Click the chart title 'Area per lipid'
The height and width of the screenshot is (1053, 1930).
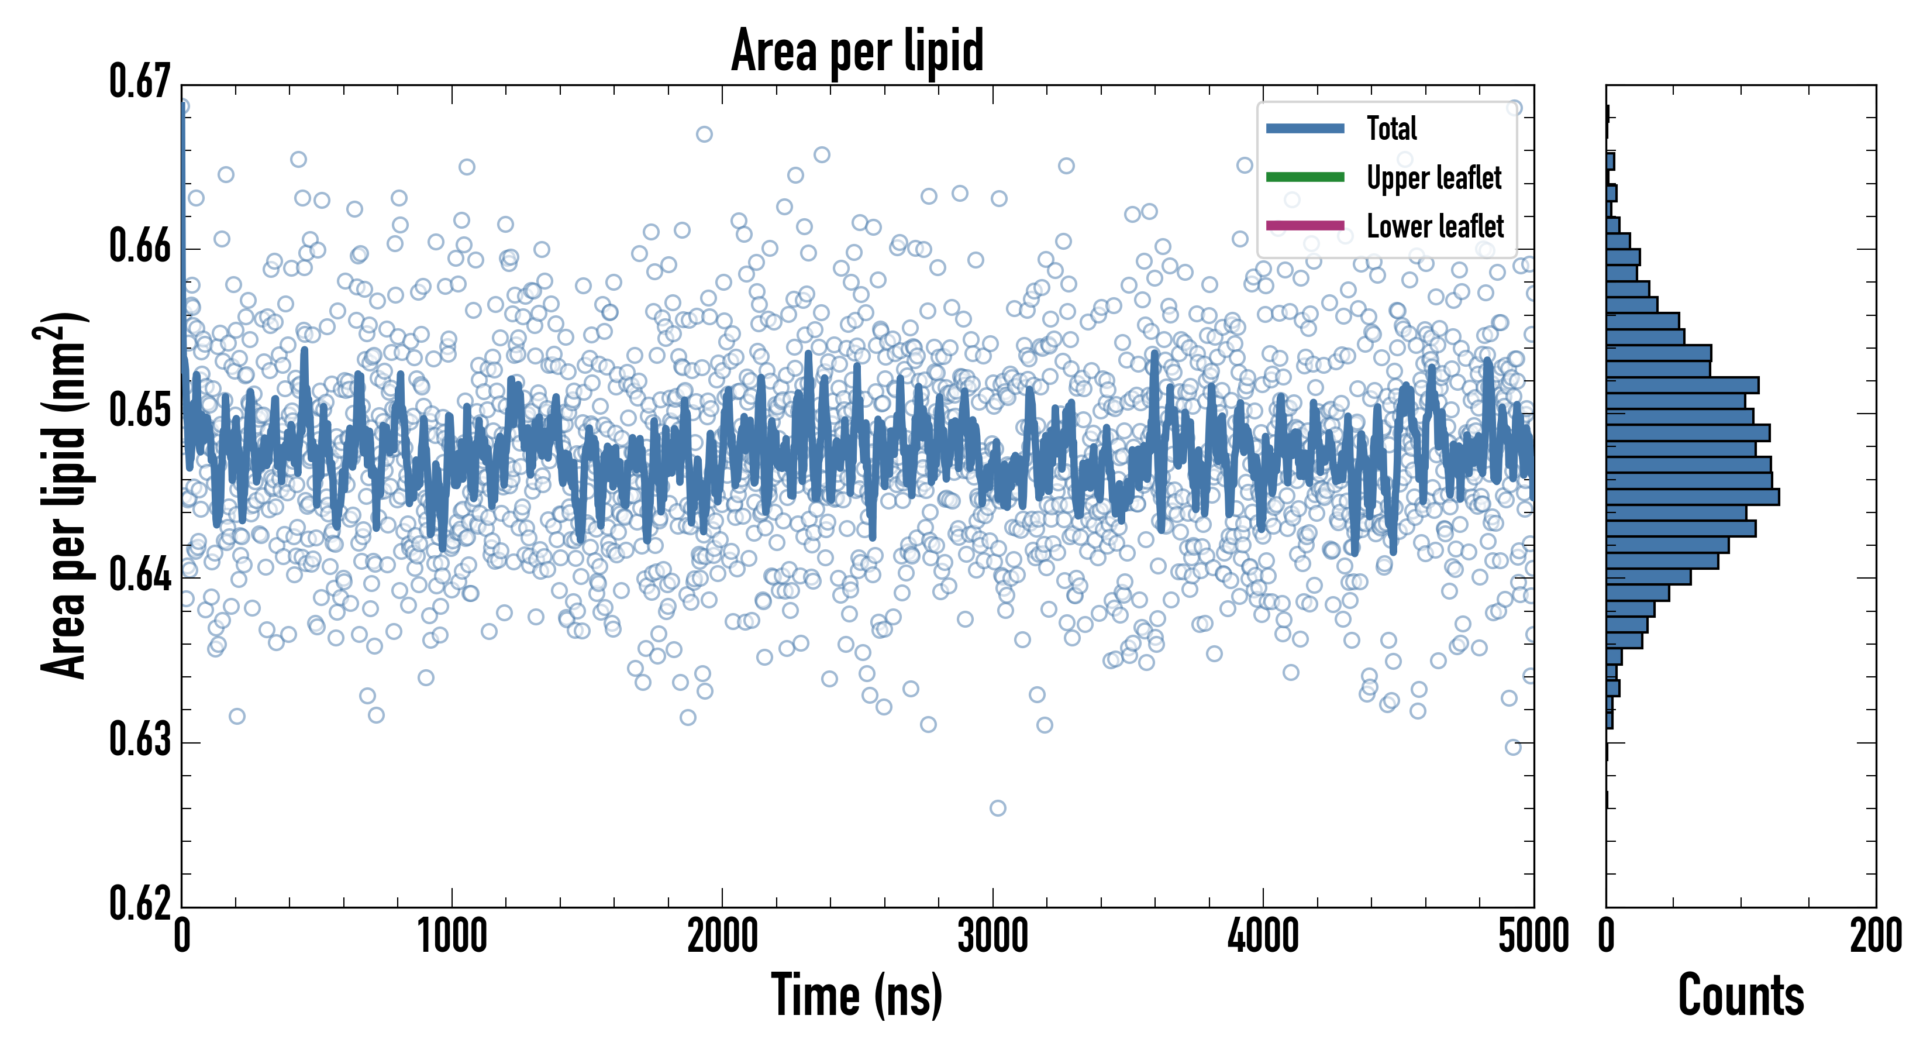[x=857, y=51]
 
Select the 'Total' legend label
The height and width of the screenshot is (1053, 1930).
[x=1391, y=128]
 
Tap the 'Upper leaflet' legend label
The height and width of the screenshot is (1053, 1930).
[x=1433, y=178]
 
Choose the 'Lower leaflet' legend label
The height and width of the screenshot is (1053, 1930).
[x=1435, y=226]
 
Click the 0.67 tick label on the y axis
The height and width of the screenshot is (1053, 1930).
[x=140, y=82]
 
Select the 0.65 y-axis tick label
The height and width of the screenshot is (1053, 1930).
[x=140, y=411]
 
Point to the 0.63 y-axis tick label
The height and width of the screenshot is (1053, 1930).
[x=140, y=739]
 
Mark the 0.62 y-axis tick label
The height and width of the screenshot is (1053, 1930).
[x=140, y=903]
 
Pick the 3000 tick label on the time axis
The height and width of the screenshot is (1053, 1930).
[x=992, y=937]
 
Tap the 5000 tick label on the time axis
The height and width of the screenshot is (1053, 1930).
[x=1533, y=937]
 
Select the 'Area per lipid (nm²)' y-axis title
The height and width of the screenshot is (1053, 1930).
[x=64, y=495]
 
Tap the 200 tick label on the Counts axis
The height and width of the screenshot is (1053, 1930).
[x=1875, y=937]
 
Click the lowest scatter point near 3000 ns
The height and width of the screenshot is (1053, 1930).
[x=997, y=808]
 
